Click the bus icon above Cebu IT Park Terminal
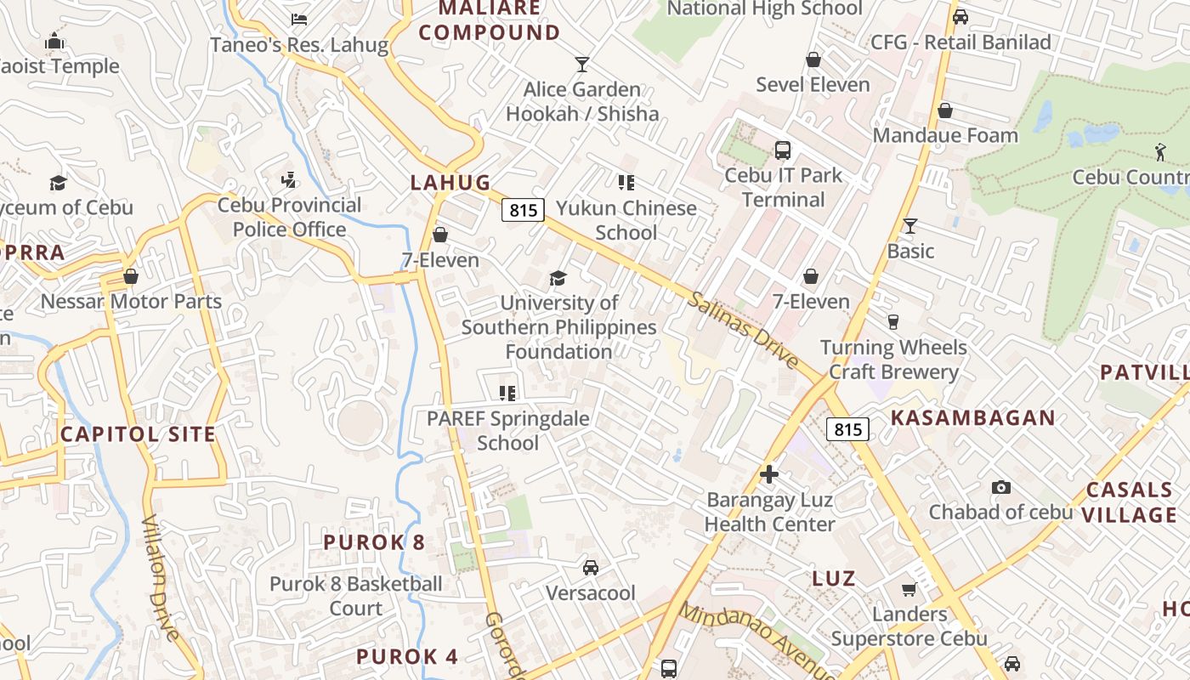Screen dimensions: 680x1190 (783, 150)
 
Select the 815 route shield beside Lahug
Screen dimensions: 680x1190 (522, 210)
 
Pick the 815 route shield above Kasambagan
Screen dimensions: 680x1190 (847, 429)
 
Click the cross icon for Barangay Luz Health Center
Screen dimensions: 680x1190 (770, 474)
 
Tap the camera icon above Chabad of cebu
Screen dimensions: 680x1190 (1001, 487)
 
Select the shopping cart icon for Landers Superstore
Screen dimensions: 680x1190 (909, 589)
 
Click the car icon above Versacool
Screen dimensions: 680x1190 (590, 567)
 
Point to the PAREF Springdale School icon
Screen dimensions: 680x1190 (507, 393)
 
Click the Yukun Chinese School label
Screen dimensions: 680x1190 (626, 220)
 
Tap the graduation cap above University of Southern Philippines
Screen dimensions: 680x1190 (558, 278)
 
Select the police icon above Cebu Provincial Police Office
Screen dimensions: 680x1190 (289, 179)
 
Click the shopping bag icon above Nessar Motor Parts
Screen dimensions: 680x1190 (131, 276)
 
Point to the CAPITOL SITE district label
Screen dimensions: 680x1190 (138, 434)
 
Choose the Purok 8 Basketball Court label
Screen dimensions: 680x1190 (356, 596)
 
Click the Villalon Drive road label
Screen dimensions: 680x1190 (161, 578)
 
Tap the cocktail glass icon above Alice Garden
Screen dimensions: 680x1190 (582, 64)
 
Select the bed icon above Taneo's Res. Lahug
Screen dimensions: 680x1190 (298, 19)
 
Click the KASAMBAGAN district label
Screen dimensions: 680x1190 (972, 418)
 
